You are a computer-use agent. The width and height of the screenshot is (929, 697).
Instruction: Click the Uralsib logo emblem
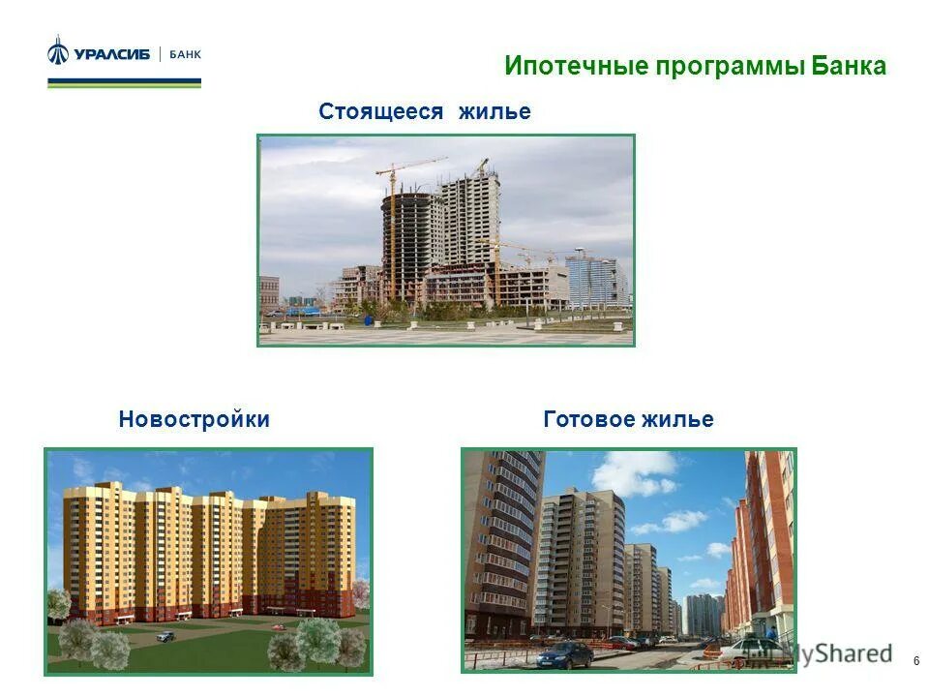[59, 50]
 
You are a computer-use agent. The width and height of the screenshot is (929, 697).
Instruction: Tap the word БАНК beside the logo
[185, 55]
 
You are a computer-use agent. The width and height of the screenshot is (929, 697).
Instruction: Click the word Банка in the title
[849, 67]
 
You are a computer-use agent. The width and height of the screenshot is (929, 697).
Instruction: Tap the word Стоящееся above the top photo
[380, 112]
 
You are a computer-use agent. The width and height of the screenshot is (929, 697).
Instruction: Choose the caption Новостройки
[195, 420]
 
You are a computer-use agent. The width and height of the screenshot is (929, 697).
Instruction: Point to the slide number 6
[915, 661]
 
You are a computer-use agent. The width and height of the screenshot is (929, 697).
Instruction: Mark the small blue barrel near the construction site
[367, 318]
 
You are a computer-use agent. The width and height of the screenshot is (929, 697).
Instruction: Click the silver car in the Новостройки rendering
[165, 636]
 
